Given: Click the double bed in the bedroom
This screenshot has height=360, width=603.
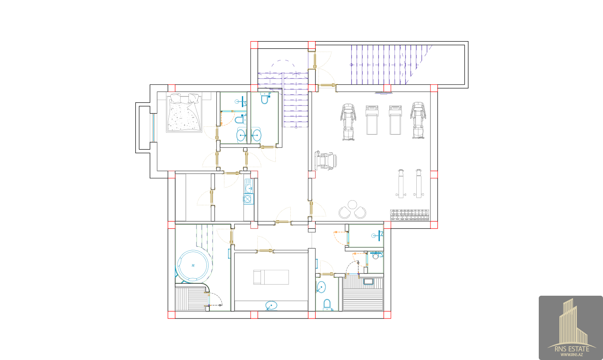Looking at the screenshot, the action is click(184, 113).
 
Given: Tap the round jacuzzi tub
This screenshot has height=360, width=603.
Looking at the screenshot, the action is click(193, 266).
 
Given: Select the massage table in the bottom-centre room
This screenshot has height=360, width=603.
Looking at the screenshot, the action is click(271, 277).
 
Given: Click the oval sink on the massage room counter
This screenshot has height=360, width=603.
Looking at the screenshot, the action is click(271, 306).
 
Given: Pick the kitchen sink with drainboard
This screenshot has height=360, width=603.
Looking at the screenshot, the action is click(248, 186).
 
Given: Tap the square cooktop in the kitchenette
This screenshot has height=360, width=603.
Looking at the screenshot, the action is click(248, 199).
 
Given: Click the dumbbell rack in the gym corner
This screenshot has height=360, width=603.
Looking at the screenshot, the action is click(409, 215).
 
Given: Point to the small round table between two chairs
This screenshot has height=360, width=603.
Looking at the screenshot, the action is click(352, 204).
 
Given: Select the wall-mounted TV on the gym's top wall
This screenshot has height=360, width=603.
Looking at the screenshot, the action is click(384, 93).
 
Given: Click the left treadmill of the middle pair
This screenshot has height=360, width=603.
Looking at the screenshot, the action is click(372, 120).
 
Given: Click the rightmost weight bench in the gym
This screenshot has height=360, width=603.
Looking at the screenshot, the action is click(418, 183).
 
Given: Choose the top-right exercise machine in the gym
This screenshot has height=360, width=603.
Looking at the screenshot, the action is click(418, 120).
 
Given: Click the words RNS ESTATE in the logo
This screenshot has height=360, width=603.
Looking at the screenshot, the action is click(572, 349).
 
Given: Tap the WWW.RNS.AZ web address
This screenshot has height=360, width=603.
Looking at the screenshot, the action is click(572, 355).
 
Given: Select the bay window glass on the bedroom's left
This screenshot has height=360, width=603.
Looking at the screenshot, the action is click(153, 128).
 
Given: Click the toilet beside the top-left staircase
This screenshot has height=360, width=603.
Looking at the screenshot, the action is click(265, 99).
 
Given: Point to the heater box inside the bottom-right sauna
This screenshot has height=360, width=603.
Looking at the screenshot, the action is click(368, 282).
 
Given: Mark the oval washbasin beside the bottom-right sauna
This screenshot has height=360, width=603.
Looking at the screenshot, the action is click(321, 287).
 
